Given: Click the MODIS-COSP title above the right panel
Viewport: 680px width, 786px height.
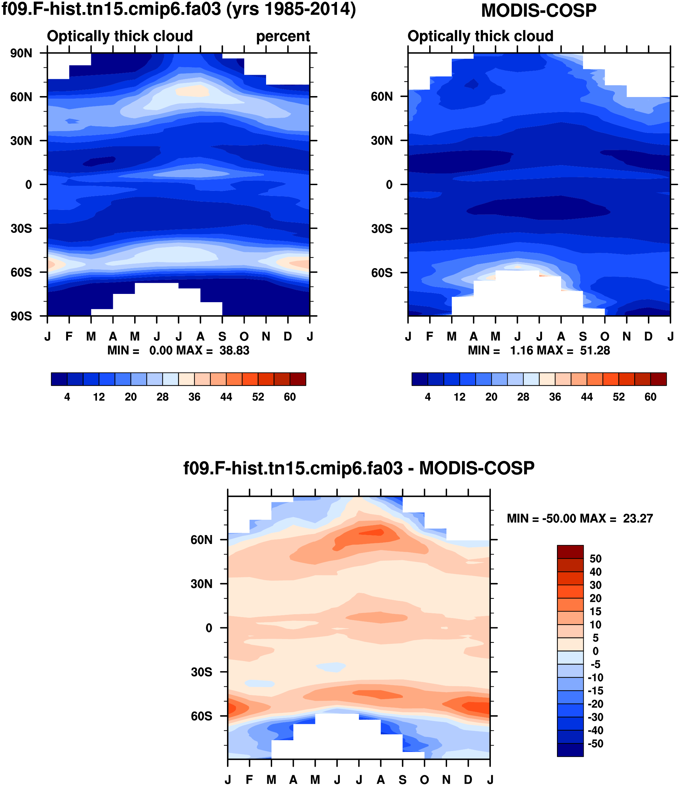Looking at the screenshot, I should (539, 10).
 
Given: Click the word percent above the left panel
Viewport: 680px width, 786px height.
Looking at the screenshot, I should (283, 37).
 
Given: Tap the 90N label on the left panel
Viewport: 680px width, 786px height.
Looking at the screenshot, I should (21, 53).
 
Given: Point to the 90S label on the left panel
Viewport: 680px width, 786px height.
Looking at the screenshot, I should (21, 316).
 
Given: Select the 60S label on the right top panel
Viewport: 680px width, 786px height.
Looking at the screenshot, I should (382, 273).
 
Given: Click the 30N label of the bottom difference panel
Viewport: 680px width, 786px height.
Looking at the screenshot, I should (202, 584).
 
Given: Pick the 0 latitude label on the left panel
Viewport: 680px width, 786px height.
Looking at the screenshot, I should (29, 185).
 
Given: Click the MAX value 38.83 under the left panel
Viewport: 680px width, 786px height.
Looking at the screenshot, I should (234, 350).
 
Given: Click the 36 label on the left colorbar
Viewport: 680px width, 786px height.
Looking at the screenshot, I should (194, 397).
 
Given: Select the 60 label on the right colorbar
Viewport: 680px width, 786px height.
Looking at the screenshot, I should (650, 397).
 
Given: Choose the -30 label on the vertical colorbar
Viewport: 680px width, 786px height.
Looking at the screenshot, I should (595, 717).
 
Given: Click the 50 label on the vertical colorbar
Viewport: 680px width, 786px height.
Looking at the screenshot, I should (595, 559).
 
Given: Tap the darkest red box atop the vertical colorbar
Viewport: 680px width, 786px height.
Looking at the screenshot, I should (570, 552).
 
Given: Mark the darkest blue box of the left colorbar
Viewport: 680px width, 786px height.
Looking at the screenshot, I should (59, 379).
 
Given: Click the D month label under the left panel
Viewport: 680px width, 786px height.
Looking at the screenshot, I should (288, 337).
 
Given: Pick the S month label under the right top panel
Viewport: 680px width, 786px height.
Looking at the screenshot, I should (583, 337).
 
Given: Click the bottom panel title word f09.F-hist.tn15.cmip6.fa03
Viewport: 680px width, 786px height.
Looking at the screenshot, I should (293, 468).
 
